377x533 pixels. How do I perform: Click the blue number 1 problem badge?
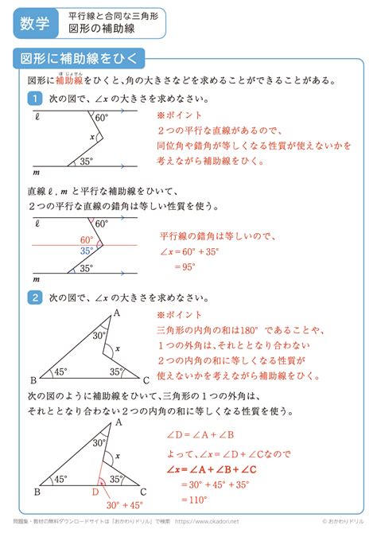[34, 99]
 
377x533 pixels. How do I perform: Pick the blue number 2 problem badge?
[34, 298]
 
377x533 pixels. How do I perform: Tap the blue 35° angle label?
[86, 251]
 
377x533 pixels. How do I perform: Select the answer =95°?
[188, 267]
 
